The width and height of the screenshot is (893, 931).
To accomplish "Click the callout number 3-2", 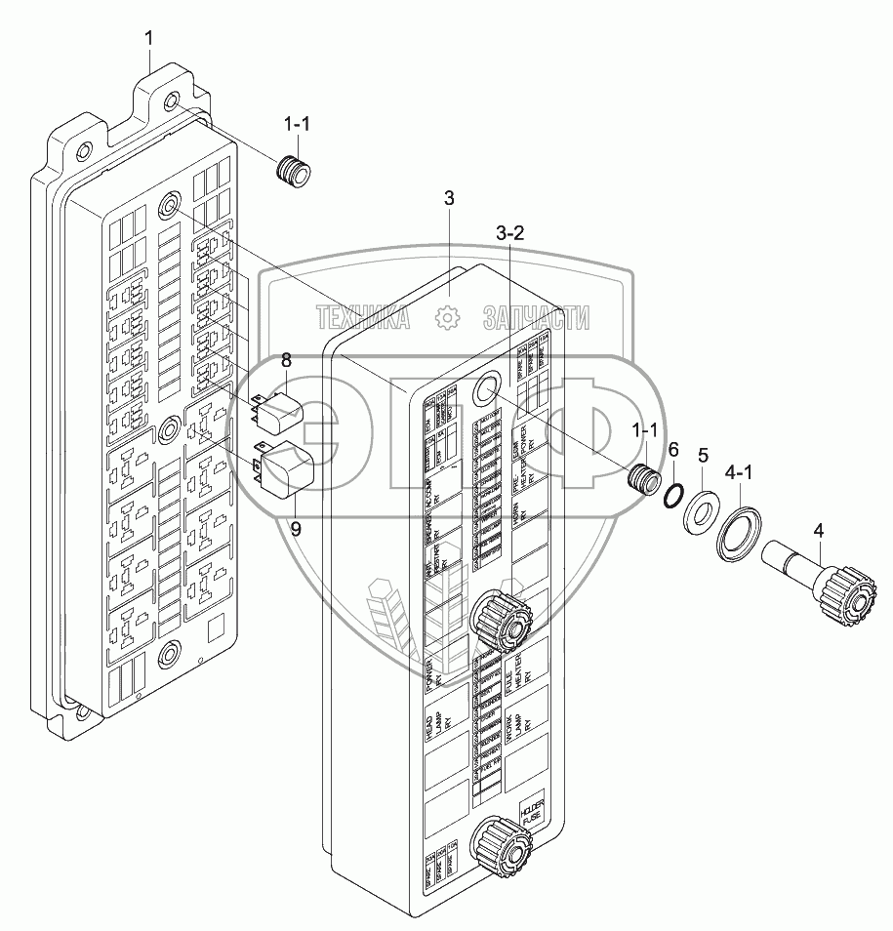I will pyautogui.click(x=510, y=234).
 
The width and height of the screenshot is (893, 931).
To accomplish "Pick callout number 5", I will pyautogui.click(x=702, y=456).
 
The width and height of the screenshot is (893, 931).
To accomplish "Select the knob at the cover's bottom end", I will pyautogui.click(x=499, y=850).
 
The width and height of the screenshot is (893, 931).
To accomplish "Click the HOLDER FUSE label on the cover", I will pyautogui.click(x=530, y=814).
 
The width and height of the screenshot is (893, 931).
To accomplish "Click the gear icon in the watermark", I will pyautogui.click(x=447, y=317).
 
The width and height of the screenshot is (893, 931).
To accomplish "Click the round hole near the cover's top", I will pyautogui.click(x=484, y=392).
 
